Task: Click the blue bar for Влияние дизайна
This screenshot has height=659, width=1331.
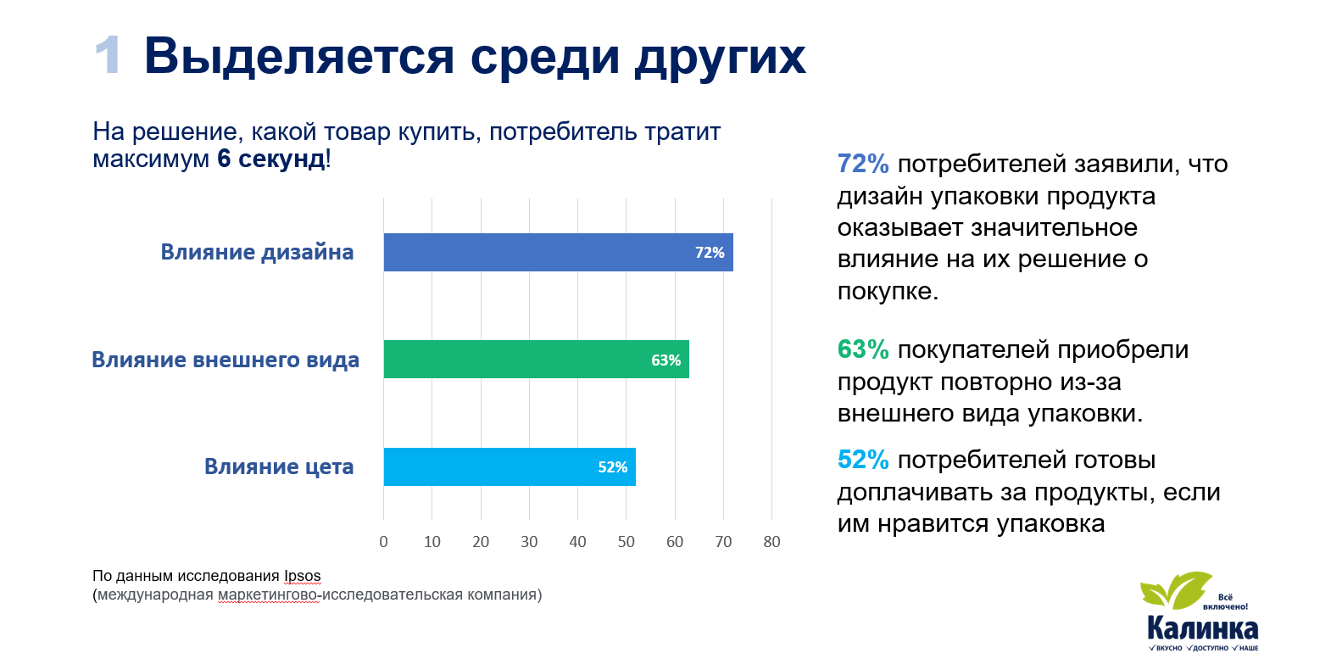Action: click(543, 252)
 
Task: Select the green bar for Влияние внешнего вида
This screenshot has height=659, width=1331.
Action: click(526, 359)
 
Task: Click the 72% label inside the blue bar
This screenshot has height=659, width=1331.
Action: click(710, 253)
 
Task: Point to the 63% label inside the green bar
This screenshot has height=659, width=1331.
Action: click(665, 360)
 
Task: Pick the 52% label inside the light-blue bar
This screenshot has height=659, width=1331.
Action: click(612, 467)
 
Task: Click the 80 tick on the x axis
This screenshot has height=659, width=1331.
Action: click(771, 542)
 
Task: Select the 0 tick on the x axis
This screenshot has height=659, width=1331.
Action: click(383, 542)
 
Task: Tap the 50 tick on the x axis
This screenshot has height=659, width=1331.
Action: click(626, 542)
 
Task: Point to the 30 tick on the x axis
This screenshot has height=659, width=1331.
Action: click(529, 542)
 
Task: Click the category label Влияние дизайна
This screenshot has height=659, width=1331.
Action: click(257, 252)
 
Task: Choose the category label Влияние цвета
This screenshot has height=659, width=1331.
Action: click(279, 466)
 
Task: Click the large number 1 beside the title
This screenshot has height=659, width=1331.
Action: click(108, 56)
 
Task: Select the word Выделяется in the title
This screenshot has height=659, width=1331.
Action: click(299, 56)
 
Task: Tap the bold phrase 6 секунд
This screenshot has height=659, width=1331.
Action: click(271, 159)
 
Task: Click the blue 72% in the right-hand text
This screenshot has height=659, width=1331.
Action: click(862, 164)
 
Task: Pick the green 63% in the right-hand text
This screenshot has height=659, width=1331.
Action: click(862, 349)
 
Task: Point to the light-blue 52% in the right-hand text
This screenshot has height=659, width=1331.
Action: click(862, 460)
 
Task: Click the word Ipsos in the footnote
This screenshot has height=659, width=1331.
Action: click(302, 576)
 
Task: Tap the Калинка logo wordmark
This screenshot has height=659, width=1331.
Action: click(1202, 628)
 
